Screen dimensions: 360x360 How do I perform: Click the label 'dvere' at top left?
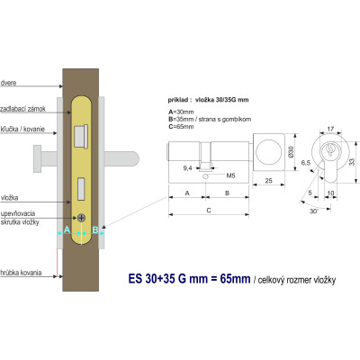coord(10,82)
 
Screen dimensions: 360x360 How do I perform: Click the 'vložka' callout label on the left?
coord(11,196)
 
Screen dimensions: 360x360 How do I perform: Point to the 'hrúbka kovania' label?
coord(19,269)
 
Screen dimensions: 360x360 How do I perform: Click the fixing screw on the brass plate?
coord(83,219)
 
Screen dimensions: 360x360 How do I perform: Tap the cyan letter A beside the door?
coord(67,230)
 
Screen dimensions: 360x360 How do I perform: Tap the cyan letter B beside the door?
coord(94,230)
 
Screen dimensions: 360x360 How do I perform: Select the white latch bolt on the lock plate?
coord(80,137)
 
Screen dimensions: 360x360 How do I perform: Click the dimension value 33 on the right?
coord(351,160)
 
